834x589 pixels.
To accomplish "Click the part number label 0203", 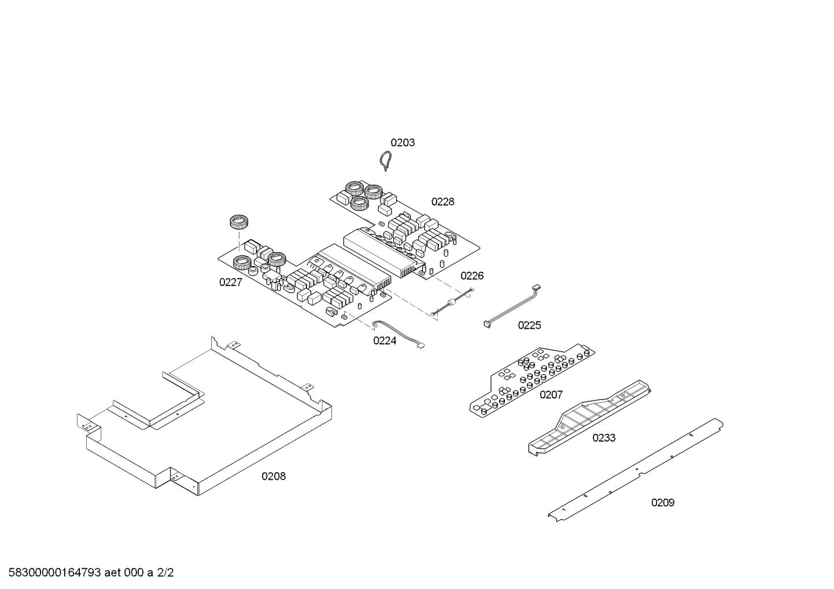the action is tap(403, 143).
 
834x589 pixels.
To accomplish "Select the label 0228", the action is tap(442, 202).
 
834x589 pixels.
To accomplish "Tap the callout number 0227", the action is tap(231, 283).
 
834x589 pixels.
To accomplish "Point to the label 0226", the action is tap(472, 276).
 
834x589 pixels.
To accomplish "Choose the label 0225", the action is tap(529, 325).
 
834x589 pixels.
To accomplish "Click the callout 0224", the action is tap(385, 340).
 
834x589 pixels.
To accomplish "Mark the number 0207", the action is tap(551, 394).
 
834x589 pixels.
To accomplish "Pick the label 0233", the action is tap(604, 438).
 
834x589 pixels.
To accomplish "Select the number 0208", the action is tap(274, 476).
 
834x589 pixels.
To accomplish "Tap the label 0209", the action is tap(663, 503).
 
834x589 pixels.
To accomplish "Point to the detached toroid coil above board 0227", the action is tap(239, 223).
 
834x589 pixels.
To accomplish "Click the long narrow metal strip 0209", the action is tap(636, 470).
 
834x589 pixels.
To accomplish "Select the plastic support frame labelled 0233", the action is tap(589, 418).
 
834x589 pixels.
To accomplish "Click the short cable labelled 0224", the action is tap(398, 334).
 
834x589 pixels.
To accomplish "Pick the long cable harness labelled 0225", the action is tap(512, 307).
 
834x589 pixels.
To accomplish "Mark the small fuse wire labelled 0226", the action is tap(453, 302).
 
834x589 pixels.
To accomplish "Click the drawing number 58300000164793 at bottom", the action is tap(55, 573).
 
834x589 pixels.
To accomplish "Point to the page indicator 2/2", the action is tap(165, 573).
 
